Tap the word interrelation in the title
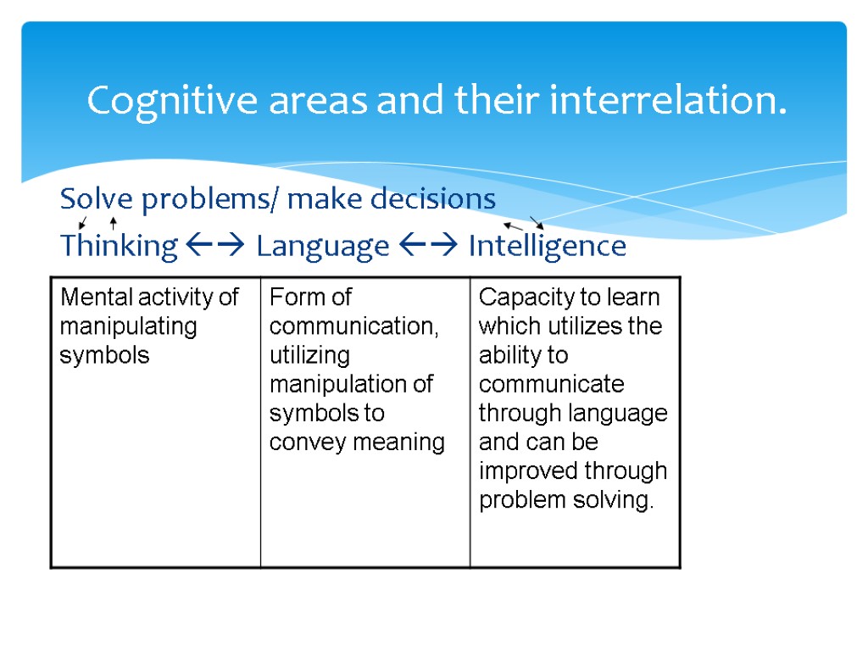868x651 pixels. pos(668,102)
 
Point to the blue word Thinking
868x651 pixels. pos(119,247)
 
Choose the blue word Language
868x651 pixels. pos(322,247)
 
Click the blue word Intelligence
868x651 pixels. pos(547,247)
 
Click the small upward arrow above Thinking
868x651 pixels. pos(113,224)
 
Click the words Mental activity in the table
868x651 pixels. pos(137,298)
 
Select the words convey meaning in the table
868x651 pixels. pos(357,442)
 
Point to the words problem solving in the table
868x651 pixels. pos(566,499)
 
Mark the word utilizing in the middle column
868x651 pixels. pos(309,355)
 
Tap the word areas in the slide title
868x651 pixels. pos(319,102)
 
